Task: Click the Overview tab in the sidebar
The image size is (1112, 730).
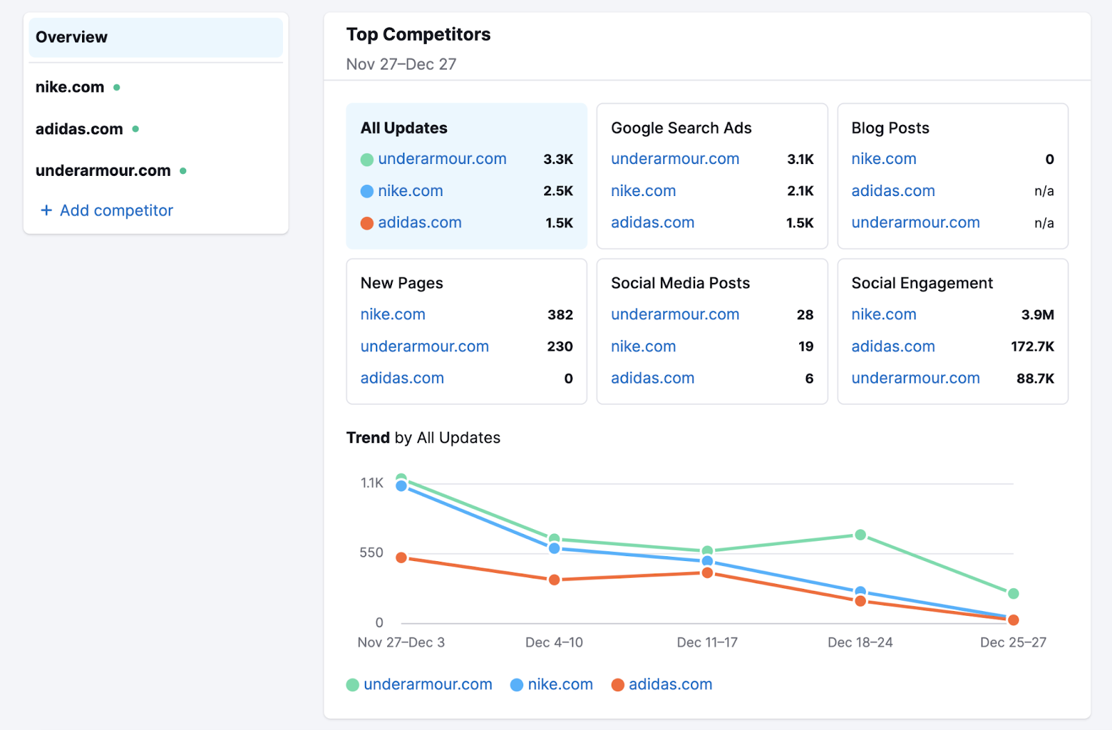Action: (72, 37)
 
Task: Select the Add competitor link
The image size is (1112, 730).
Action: (107, 210)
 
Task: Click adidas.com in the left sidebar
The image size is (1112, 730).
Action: (79, 129)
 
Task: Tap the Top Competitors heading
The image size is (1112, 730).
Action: (418, 34)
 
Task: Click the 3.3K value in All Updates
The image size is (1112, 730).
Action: (558, 159)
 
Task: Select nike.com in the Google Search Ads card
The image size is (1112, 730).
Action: (643, 190)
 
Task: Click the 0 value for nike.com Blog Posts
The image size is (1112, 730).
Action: (1049, 159)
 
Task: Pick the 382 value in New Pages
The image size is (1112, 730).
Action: (560, 314)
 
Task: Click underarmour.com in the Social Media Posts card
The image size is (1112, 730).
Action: (675, 314)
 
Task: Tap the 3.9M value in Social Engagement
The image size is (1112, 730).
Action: (1037, 314)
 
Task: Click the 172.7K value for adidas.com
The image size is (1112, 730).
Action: (1032, 346)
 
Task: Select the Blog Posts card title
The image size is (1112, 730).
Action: (890, 128)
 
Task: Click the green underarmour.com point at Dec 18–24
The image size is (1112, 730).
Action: (860, 535)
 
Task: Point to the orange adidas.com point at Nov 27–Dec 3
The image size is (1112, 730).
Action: (401, 558)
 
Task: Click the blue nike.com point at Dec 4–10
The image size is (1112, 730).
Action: (555, 549)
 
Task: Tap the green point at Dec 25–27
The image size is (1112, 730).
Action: (1013, 594)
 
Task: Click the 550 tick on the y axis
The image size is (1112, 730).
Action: (371, 553)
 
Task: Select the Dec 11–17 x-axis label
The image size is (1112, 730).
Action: (707, 642)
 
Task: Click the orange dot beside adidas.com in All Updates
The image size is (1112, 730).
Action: (367, 223)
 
